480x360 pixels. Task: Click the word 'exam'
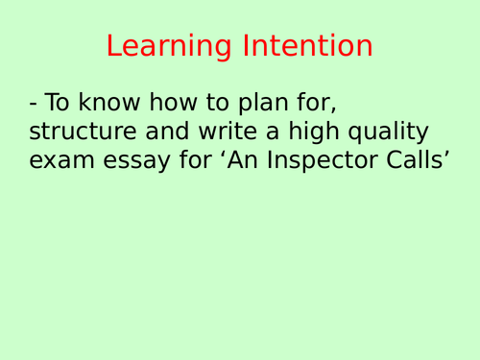point(66,160)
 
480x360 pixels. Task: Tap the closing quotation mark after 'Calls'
point(447,153)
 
